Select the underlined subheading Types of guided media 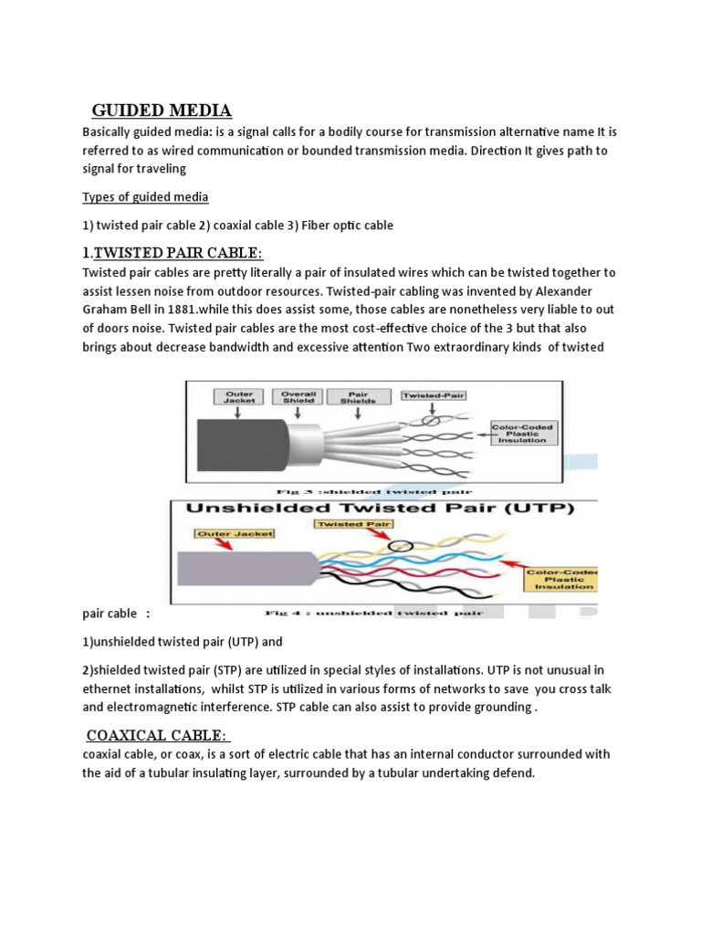point(145,196)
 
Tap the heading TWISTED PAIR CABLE point(178,253)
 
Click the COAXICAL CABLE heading point(158,736)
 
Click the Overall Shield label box point(298,396)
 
